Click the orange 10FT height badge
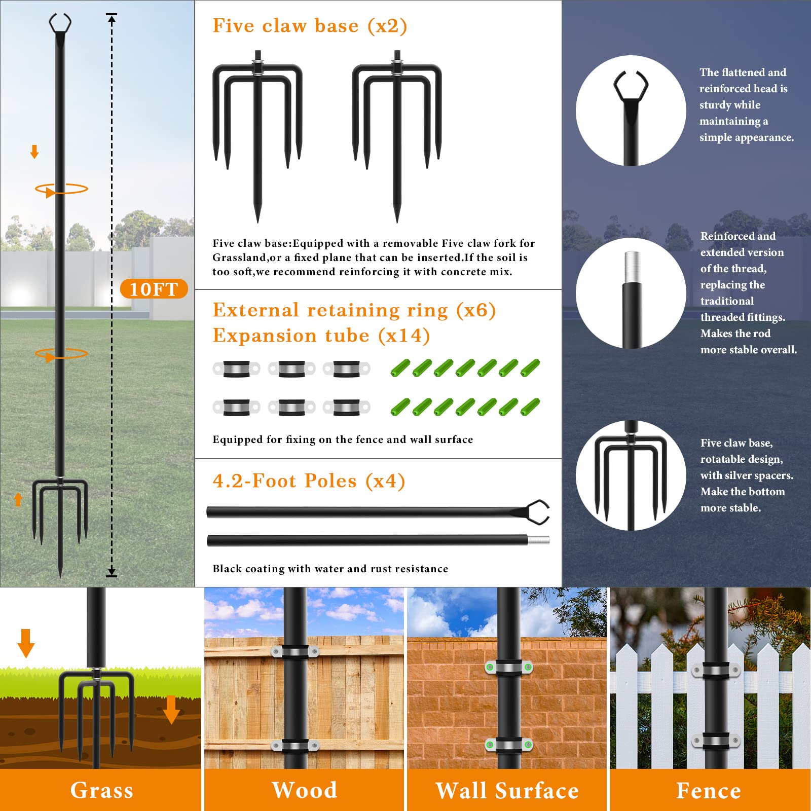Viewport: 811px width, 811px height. click(154, 289)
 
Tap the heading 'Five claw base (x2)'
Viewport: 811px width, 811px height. click(310, 26)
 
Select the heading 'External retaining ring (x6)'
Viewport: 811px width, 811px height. click(354, 310)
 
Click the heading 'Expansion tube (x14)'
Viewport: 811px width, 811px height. click(321, 336)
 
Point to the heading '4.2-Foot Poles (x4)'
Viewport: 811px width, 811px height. click(309, 481)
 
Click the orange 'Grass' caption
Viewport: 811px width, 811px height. click(101, 790)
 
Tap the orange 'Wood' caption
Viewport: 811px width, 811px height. click(304, 790)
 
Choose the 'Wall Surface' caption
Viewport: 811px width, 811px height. click(507, 790)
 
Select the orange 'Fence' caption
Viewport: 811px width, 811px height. click(709, 790)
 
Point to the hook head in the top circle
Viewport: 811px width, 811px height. click(631, 86)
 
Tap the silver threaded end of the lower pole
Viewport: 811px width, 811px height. click(539, 540)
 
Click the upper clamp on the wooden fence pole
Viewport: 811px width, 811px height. click(295, 652)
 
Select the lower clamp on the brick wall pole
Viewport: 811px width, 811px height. click(508, 745)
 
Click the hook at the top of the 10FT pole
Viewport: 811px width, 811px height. click(60, 23)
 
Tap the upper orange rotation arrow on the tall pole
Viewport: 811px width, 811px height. click(61, 190)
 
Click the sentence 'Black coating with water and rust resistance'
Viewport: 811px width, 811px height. click(330, 569)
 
